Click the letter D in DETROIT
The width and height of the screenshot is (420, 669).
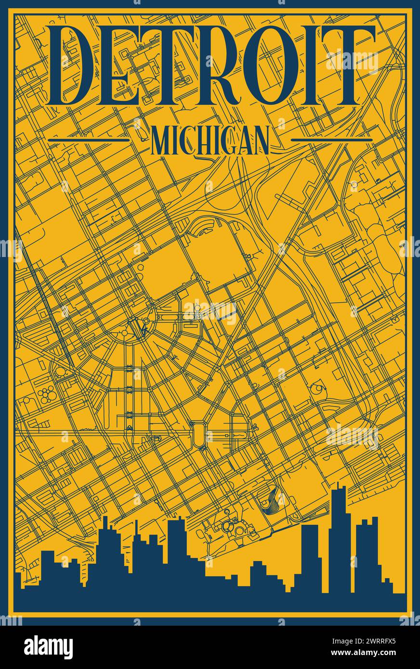point(80,66)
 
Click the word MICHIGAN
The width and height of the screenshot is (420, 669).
point(210,140)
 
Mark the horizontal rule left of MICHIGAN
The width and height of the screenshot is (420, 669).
point(89,140)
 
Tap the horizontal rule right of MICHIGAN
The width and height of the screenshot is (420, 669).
point(332,140)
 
